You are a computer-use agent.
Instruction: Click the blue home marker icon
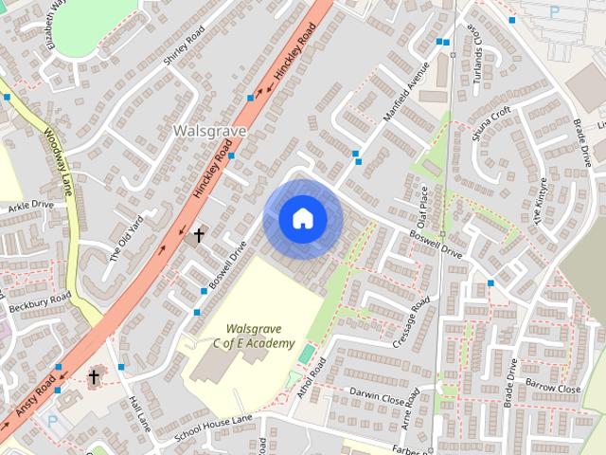[x=302, y=219]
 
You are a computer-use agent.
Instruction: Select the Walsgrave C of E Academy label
[x=253, y=336]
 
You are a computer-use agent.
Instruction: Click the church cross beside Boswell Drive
[x=199, y=234]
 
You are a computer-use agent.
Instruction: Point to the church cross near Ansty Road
[x=94, y=377]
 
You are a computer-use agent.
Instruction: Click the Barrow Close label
[x=554, y=389]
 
